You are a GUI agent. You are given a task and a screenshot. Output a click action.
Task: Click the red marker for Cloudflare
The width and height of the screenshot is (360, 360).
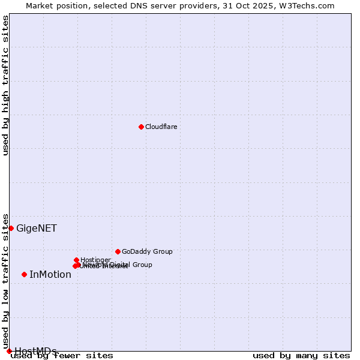click(141, 127)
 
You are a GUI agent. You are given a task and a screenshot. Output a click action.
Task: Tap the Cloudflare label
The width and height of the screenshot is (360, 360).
click(161, 127)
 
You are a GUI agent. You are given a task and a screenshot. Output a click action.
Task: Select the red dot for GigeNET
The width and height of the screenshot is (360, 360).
click(11, 228)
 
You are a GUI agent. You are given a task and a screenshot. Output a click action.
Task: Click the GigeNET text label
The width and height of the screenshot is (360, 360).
click(37, 228)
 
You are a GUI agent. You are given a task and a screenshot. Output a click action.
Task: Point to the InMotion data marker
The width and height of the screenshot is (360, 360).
click(24, 274)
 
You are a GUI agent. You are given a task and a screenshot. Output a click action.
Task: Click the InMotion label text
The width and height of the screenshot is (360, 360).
click(50, 275)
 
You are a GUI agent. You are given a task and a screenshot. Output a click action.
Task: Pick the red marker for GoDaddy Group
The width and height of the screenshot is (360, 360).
click(118, 251)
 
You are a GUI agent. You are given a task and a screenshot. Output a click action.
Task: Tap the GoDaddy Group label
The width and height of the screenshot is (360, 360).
click(147, 251)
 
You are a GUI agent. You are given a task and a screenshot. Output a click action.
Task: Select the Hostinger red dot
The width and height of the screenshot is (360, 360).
click(76, 260)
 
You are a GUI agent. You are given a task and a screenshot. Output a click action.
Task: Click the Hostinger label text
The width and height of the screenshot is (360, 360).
click(95, 260)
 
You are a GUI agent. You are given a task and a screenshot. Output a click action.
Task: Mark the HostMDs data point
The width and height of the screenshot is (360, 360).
click(9, 351)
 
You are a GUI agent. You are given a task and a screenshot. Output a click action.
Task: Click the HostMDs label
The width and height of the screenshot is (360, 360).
click(35, 351)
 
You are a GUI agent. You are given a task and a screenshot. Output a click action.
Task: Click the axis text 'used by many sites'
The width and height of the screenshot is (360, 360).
click(301, 356)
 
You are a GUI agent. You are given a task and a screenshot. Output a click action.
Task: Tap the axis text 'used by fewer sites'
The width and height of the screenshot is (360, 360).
click(62, 356)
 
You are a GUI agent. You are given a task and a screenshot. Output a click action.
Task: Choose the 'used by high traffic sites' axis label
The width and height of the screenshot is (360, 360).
click(6, 85)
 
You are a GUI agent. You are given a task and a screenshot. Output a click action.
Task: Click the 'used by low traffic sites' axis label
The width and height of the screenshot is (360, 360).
click(6, 277)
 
